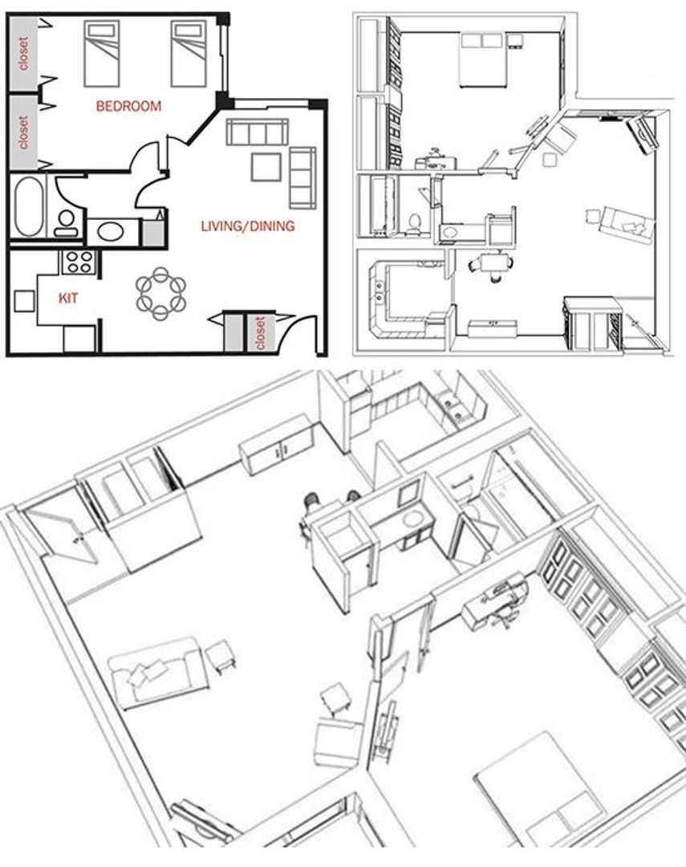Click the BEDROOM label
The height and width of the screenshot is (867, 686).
tap(128, 106)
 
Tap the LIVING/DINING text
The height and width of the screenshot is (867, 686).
tap(247, 226)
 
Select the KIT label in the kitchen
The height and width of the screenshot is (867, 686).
tap(68, 297)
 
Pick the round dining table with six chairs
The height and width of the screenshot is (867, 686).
tap(160, 293)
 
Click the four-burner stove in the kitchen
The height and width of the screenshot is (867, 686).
tap(79, 261)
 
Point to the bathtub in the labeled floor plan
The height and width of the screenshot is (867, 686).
tap(28, 206)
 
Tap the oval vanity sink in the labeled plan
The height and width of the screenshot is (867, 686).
tap(112, 231)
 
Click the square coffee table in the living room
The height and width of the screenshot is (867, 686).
tap(266, 167)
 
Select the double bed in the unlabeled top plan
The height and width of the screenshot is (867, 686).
tap(481, 60)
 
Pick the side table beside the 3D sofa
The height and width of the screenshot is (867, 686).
tap(220, 656)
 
